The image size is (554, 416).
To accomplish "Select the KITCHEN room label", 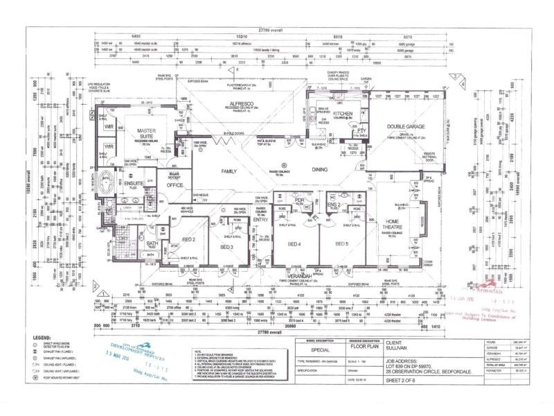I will point(343,113).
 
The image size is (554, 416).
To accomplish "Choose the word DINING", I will point(319,168).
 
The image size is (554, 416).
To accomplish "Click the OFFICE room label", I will point(175,185).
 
